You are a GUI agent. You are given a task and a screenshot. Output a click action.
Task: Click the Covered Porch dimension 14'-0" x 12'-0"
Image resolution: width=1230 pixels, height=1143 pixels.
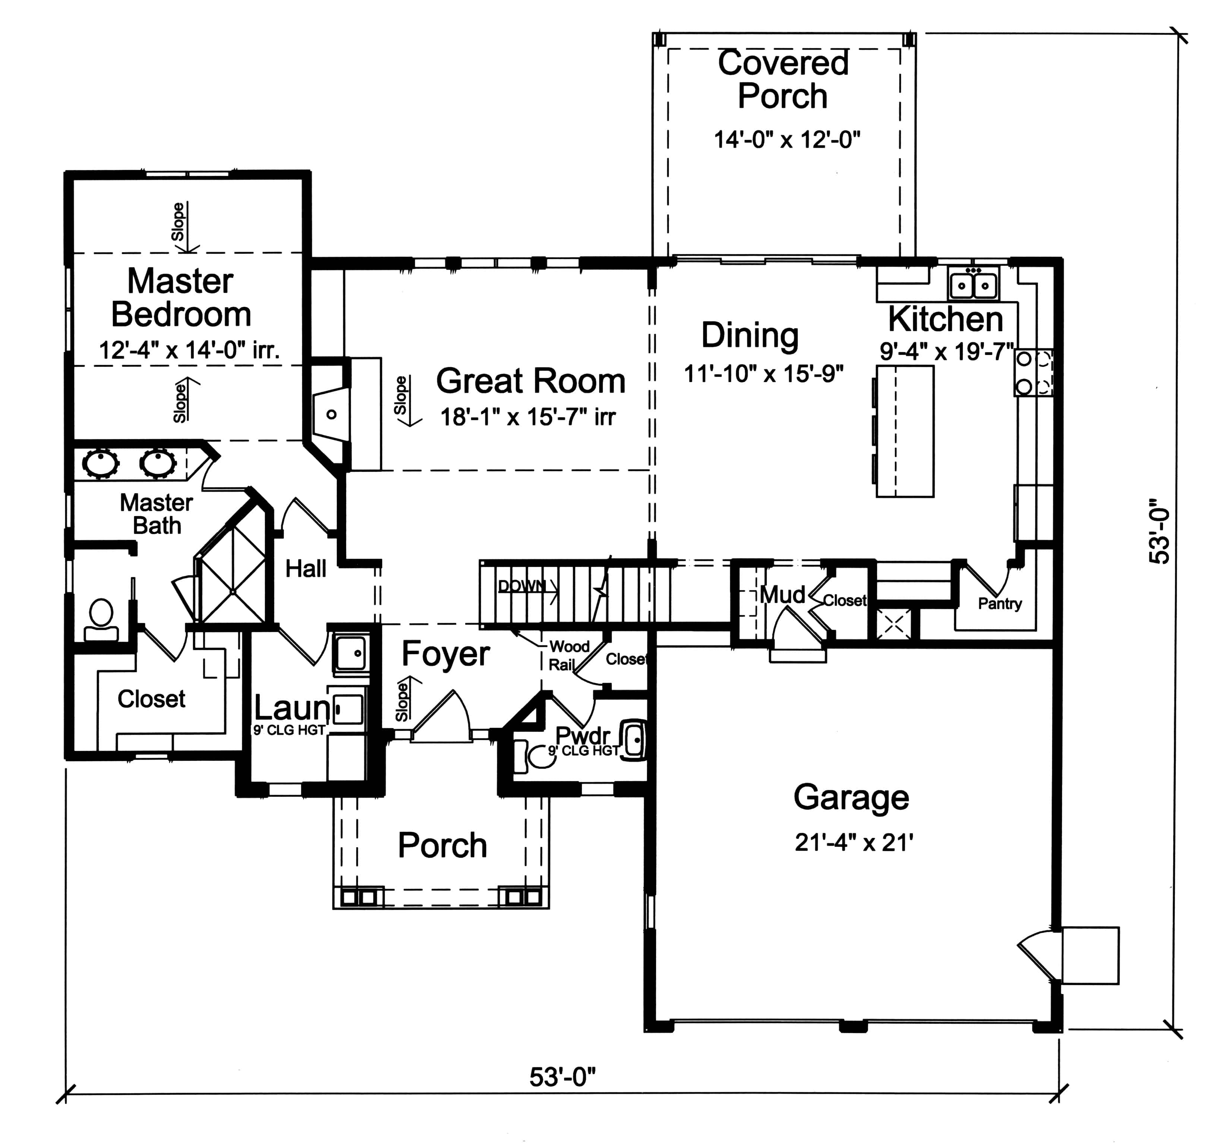coord(787,140)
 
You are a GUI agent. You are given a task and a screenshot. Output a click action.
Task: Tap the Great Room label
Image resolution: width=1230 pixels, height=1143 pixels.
coord(530,381)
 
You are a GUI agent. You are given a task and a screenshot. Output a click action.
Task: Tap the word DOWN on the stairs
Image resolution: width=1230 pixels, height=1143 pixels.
coord(522,586)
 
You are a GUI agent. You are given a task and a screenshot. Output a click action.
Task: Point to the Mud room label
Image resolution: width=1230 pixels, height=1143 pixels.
coord(782,595)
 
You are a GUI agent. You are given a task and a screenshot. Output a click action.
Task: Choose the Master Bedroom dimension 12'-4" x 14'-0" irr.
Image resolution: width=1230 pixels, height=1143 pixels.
coord(189,351)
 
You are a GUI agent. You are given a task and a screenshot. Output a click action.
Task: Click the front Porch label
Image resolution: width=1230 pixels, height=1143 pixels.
coord(442,845)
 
